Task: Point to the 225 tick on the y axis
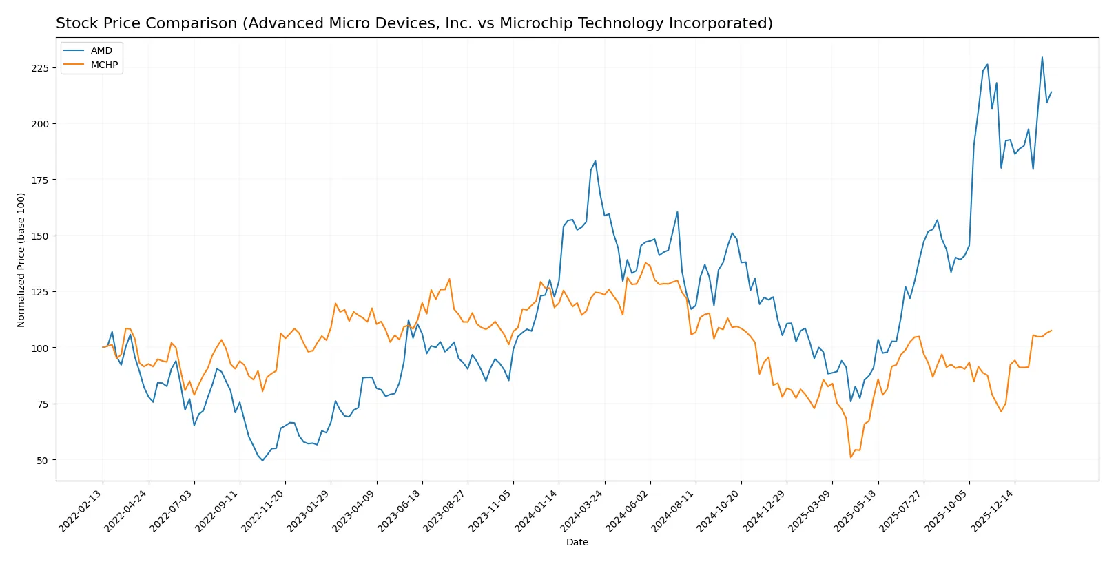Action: coord(40,68)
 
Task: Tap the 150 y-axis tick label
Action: coord(40,236)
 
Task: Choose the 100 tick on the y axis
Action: coord(40,348)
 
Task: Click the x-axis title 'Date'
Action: coord(577,543)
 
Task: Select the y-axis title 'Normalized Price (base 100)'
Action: coord(21,260)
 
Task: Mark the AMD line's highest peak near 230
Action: coord(1042,57)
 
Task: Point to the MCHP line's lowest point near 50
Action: coord(851,457)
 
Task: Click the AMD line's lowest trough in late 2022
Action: coord(262,460)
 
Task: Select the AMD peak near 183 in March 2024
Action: coord(595,161)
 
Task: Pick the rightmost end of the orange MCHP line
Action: coord(1051,331)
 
